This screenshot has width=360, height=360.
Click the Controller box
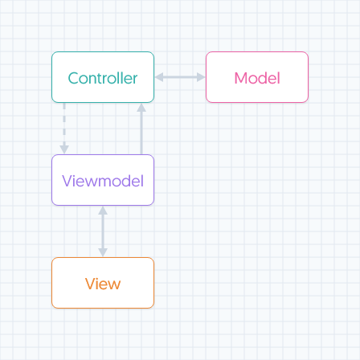pos(103,77)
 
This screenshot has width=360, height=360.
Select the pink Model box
pos(257,77)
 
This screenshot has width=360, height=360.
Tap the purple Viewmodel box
pos(103,180)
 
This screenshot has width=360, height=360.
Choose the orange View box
pos(103,283)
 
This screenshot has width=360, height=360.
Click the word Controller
pos(103,78)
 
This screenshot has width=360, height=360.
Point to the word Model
pos(257,78)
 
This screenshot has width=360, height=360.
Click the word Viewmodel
pos(103,181)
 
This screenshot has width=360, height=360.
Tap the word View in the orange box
pos(103,284)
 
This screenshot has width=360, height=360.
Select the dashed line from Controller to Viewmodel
pos(64,129)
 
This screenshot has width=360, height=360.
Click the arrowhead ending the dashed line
pos(64,149)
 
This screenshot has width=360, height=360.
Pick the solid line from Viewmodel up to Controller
pos(141,129)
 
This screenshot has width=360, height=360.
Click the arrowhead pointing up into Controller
pos(141,108)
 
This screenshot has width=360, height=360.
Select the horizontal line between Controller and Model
pos(180,77)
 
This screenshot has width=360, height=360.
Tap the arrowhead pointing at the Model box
pos(201,77)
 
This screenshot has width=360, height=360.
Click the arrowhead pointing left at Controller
pos(159,77)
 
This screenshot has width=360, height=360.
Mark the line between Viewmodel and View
pos(103,231)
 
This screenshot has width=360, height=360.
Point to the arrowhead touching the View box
pos(103,252)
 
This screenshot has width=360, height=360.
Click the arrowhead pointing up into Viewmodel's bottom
pos(103,211)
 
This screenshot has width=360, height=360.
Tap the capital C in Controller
pos(73,78)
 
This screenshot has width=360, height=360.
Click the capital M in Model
pos(240,78)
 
